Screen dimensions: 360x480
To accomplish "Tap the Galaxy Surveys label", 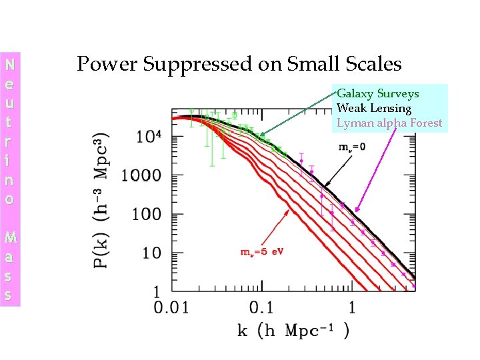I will coord(377,94).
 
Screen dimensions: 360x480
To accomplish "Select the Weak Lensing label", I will coord(373,108).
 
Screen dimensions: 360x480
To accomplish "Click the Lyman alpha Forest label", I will coord(389,123).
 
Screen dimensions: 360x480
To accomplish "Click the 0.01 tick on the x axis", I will coord(172,308).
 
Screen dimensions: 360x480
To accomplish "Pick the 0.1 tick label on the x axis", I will coord(262,308).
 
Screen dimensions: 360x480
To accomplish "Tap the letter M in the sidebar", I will coord(9,236).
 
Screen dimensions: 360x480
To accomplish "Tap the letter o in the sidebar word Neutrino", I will coord(9,199).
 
